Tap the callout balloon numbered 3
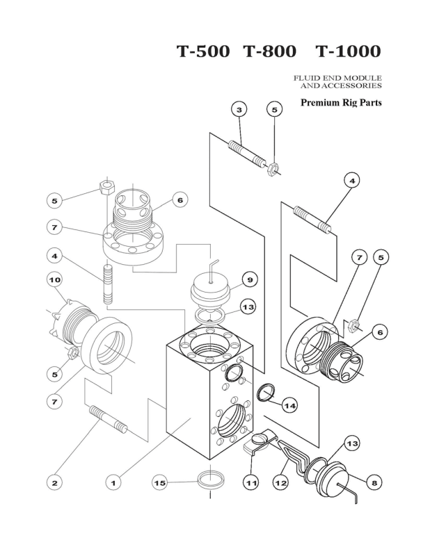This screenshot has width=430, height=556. (239, 110)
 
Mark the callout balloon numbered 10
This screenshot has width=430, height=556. (54, 280)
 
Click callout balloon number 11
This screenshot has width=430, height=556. (251, 481)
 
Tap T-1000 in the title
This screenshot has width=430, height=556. (348, 52)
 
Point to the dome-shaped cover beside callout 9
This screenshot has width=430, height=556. (210, 288)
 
